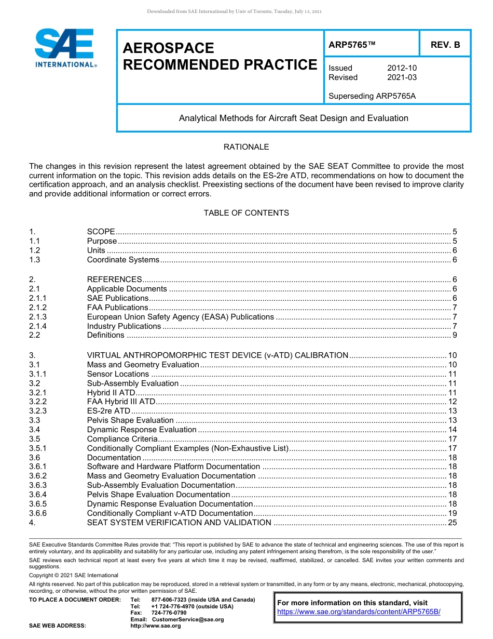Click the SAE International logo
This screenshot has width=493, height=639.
(65, 48)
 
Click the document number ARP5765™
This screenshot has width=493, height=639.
(352, 45)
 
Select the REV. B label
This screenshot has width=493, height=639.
(445, 45)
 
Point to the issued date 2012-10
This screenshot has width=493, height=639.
(402, 68)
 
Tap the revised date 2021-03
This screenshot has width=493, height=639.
(402, 77)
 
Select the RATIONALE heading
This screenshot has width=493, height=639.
(246, 147)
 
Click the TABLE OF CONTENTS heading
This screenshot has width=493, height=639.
(246, 213)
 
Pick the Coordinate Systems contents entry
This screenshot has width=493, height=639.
(123, 260)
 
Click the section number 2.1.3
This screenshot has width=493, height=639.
(38, 317)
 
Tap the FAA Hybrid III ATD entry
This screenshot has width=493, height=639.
(121, 402)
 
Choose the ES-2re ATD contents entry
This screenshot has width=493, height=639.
(108, 411)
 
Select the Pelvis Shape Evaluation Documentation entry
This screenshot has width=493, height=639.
(158, 495)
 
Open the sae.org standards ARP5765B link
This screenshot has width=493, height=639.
(359, 611)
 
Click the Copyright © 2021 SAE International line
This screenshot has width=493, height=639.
(74, 575)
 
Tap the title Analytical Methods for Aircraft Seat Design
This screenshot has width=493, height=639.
(293, 118)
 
